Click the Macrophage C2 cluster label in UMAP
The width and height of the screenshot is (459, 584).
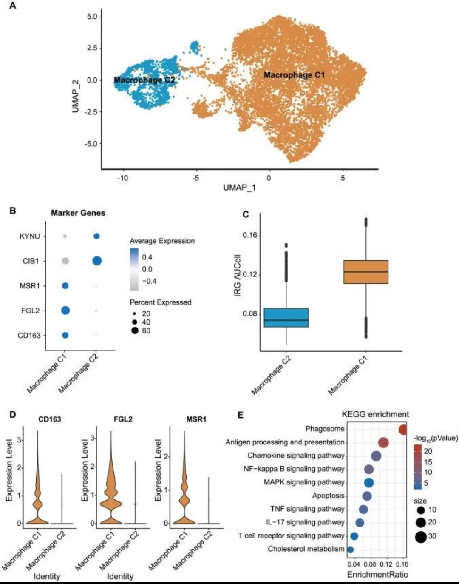144,80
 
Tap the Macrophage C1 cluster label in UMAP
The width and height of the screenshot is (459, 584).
294,75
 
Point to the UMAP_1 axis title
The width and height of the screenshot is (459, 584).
239,188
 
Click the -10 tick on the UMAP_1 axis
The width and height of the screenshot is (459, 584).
122,178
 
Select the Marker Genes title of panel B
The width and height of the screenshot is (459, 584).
78,213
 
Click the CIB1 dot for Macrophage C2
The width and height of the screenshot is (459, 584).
96,261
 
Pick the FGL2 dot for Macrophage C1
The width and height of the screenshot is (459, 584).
65,311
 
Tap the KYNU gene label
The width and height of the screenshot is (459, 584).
30,236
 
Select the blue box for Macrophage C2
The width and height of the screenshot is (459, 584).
286,317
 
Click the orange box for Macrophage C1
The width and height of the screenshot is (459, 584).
365,272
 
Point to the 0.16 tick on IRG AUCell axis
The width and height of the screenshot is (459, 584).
250,235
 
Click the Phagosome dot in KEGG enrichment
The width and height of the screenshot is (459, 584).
403,429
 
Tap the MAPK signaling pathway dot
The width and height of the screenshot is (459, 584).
369,482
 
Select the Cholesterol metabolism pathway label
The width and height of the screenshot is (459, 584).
306,549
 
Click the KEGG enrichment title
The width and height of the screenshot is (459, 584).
375,414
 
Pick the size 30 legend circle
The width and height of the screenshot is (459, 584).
421,536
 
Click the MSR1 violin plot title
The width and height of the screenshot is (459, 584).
196,419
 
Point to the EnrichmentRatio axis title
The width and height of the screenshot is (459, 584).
377,575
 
